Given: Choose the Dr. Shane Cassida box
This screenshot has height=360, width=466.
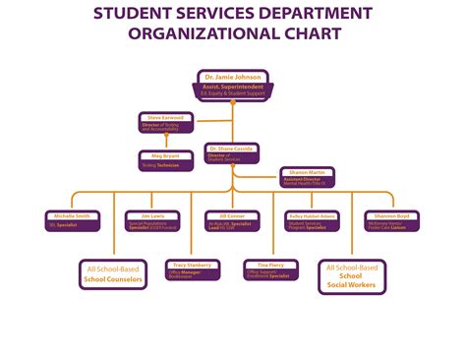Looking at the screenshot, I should (x=232, y=152).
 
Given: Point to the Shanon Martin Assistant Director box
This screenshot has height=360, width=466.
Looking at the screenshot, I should (x=308, y=176).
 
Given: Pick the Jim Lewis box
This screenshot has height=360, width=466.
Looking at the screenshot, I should (x=152, y=220).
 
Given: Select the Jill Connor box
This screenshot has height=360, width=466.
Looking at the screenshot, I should (x=232, y=220).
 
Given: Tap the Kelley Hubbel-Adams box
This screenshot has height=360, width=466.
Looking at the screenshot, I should (x=313, y=220).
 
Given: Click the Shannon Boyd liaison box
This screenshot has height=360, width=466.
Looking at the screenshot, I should (x=391, y=219).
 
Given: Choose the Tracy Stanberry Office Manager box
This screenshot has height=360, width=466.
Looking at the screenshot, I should (x=193, y=270).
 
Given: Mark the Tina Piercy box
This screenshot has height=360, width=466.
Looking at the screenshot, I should (x=272, y=270).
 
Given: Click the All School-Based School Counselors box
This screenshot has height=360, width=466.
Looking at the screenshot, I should (x=113, y=274).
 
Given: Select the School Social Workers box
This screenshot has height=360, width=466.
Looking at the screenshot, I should (x=352, y=276).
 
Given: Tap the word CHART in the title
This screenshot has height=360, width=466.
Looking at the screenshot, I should (x=314, y=33).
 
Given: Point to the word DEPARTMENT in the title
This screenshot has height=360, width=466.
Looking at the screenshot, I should (x=310, y=14).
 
